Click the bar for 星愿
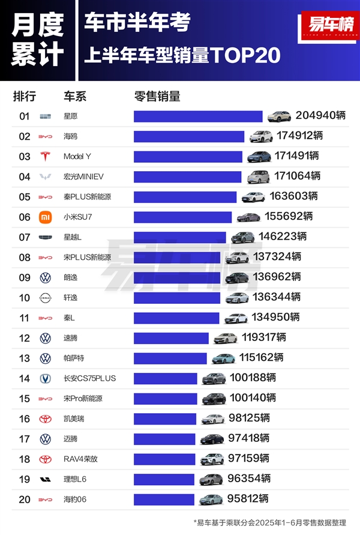(x=198, y=116)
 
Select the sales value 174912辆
(x=299, y=136)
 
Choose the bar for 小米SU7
(x=182, y=217)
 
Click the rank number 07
(x=25, y=237)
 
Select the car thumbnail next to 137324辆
(x=238, y=257)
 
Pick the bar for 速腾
(x=171, y=337)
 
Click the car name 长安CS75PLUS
(x=89, y=378)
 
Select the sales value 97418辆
(x=248, y=438)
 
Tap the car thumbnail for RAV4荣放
(x=211, y=459)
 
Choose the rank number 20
(x=25, y=499)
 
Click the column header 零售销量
(x=157, y=97)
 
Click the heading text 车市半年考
(x=137, y=22)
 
